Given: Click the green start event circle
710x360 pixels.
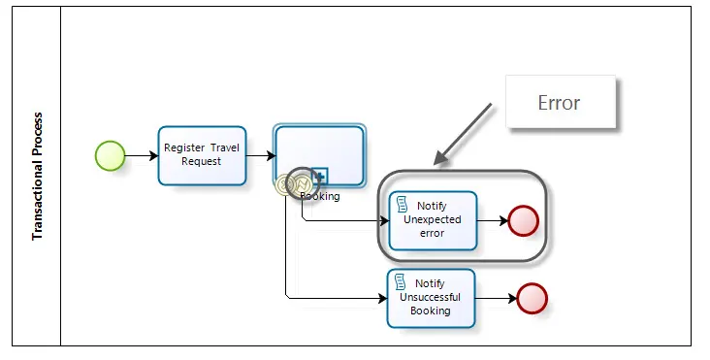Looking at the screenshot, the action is tap(110, 156).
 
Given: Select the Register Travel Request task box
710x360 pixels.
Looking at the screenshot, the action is tap(202, 156).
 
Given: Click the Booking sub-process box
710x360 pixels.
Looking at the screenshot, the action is tap(320, 155).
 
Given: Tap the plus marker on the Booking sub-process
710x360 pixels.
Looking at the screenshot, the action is tap(320, 177).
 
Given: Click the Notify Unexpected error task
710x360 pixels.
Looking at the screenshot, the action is tap(433, 220).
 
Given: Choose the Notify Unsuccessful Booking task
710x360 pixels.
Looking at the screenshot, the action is tap(431, 299).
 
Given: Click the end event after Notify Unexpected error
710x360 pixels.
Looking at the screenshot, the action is tap(524, 221).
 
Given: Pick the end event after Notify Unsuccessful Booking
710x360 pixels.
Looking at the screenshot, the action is tap(532, 299).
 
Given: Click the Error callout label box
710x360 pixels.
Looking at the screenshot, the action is tap(561, 102).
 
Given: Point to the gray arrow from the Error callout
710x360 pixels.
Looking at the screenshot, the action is tap(463, 134).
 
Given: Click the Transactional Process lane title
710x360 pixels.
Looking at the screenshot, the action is tap(38, 177).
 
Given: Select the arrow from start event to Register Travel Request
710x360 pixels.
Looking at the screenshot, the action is tap(142, 156).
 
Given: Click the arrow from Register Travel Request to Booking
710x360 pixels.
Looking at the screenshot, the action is tap(261, 156).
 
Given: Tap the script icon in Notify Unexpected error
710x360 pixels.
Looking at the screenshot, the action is tap(402, 204).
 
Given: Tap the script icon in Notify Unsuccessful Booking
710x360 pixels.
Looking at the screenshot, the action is tap(400, 281).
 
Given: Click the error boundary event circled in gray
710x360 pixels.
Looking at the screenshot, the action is tap(303, 183).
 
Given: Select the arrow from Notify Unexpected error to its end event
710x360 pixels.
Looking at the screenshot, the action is tap(493, 221).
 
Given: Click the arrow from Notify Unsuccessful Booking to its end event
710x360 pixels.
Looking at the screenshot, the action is tap(497, 299).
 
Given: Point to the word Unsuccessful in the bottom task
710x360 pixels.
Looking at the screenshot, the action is tap(430, 298).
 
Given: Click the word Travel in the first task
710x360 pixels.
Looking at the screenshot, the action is tap(225, 147).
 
